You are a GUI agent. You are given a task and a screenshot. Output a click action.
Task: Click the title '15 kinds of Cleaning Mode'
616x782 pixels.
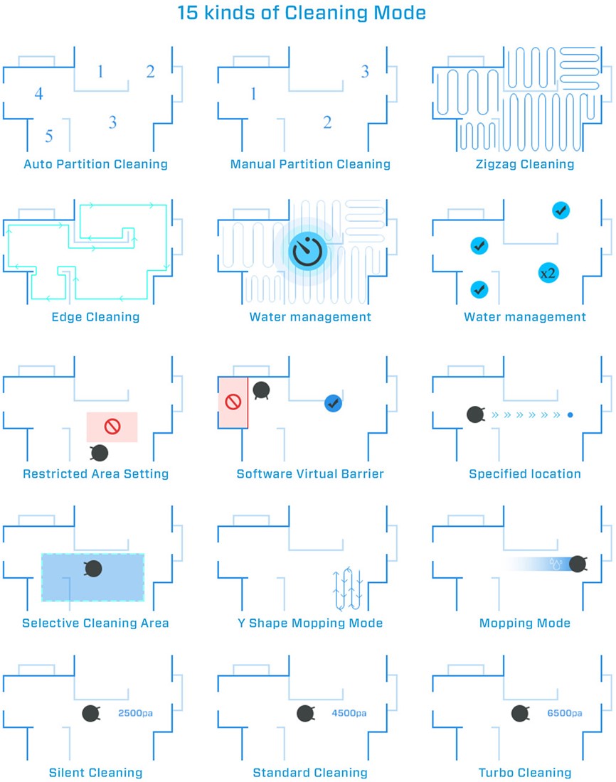coord(302,13)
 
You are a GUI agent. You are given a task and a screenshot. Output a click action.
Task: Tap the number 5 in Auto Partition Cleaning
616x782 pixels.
coord(49,136)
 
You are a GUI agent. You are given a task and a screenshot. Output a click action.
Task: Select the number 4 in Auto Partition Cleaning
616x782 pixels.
coord(39,93)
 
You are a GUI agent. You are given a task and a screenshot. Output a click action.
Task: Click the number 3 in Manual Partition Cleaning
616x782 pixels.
coord(365,71)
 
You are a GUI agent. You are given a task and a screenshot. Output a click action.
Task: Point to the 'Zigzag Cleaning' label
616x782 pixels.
coord(525,164)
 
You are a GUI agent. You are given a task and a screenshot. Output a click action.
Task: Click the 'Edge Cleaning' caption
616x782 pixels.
coord(95,316)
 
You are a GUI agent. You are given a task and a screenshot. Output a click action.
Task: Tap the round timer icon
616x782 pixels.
coord(307,251)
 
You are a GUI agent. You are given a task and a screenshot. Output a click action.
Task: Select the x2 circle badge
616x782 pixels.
coord(548,273)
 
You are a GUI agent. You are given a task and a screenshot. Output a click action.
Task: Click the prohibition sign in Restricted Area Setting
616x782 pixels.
coord(112,427)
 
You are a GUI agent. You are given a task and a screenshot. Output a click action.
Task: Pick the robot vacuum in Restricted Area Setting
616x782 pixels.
coord(100,453)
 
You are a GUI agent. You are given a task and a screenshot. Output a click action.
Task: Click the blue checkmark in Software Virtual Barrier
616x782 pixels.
coord(333,403)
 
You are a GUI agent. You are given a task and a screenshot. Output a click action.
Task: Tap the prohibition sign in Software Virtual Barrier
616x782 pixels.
coord(233,402)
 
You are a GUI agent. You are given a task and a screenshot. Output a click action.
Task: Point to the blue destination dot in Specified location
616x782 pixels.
coord(570,415)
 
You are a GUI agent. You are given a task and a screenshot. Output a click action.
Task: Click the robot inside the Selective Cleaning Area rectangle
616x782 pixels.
coord(93,568)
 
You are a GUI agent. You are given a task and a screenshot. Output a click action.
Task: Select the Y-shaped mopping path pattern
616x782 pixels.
coord(347,589)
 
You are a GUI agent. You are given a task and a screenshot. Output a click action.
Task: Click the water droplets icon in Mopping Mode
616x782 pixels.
coord(556,564)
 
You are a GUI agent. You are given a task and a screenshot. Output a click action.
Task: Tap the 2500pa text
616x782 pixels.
coord(135,713)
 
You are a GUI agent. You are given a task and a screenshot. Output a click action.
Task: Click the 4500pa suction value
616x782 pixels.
coord(349,713)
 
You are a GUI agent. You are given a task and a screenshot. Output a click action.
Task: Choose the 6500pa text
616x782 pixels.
coord(565,713)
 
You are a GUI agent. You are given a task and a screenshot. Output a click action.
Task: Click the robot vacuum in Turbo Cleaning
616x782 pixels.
coord(520,714)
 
